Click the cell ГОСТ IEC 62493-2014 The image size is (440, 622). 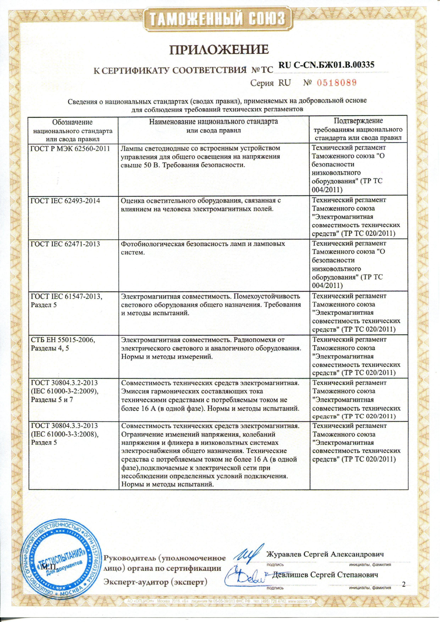pos(66,201)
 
